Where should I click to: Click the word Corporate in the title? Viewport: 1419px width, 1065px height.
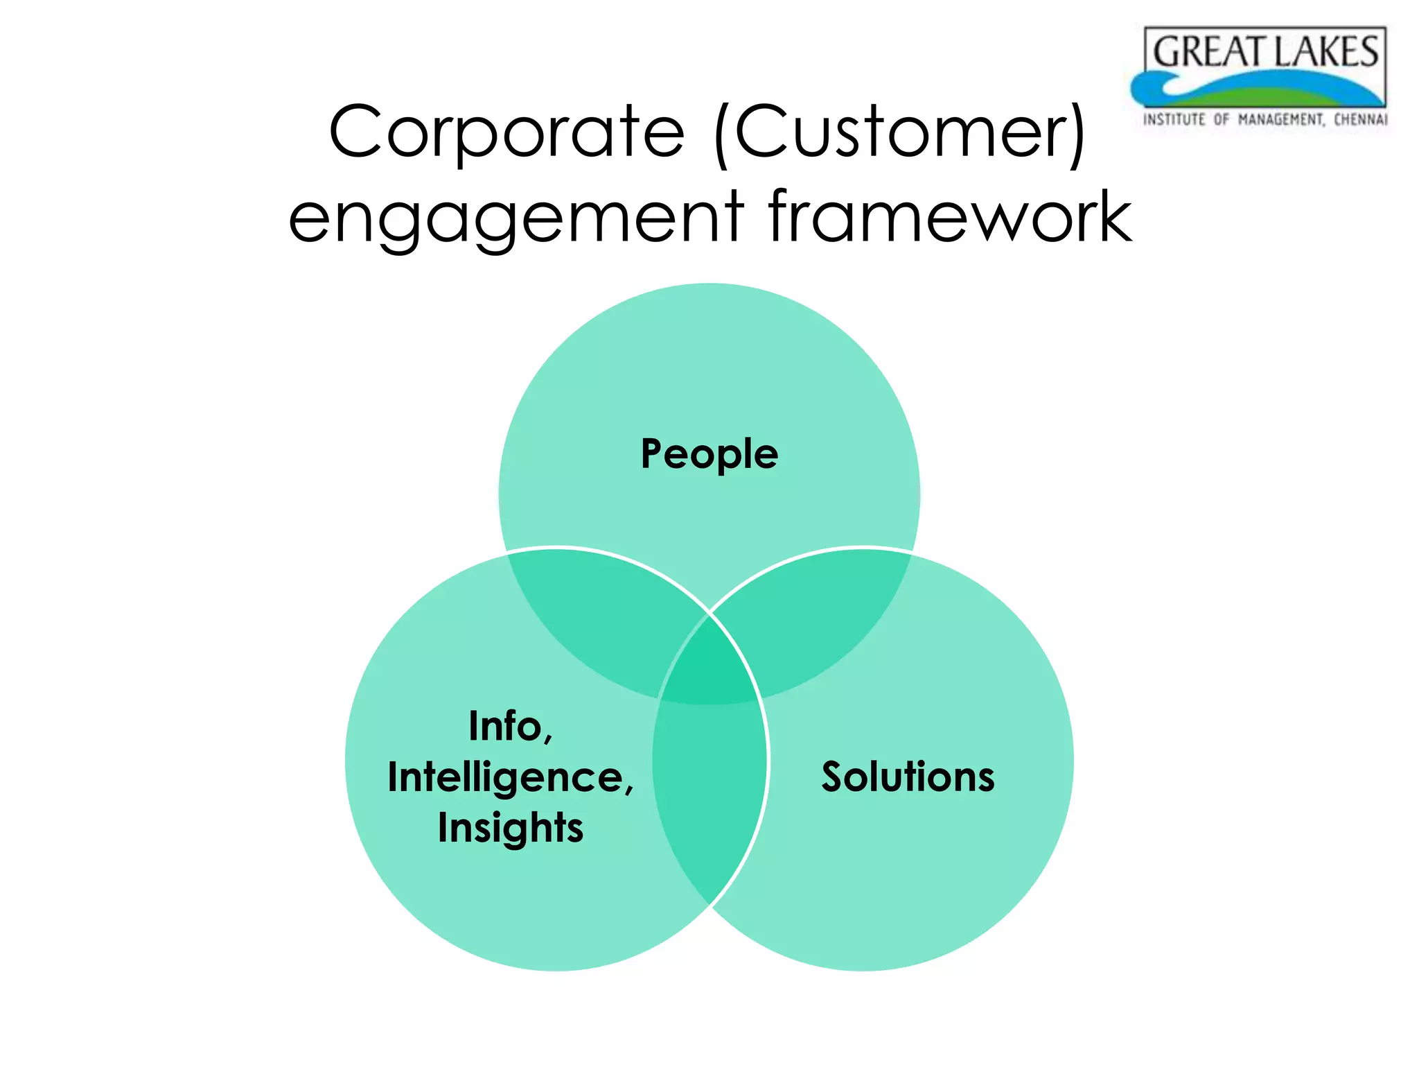tap(506, 132)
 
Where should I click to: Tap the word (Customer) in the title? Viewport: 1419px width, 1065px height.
tap(899, 132)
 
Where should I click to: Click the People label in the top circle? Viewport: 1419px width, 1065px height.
tap(709, 454)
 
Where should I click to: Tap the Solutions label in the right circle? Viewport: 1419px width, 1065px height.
tap(908, 777)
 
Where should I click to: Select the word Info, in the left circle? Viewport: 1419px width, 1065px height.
tap(511, 726)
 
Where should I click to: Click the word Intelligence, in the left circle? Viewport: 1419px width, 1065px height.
tap(511, 777)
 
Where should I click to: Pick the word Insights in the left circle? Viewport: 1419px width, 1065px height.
tap(511, 828)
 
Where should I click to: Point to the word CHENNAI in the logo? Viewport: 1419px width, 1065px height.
tap(1361, 119)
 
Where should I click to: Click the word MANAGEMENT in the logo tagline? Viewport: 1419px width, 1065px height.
tap(1281, 119)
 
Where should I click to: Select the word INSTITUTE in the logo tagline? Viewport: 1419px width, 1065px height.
tap(1174, 119)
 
